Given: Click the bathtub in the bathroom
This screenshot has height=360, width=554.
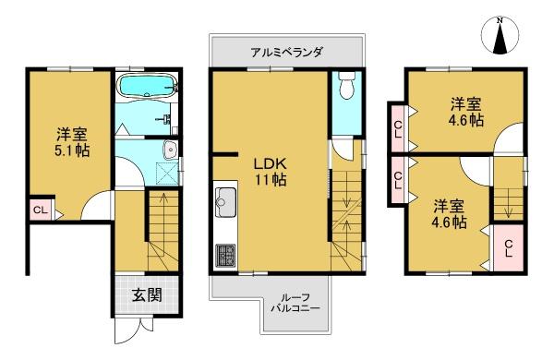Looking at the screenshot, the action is [148, 86].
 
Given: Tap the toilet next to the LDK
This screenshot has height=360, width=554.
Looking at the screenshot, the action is [347, 85].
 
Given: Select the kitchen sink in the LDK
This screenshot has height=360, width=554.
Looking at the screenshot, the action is [225, 202].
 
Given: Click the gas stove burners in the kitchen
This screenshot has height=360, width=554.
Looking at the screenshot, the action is [225, 255].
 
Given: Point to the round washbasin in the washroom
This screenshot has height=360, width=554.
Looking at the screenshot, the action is [172, 150].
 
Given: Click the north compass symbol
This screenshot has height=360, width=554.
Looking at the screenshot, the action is [500, 36].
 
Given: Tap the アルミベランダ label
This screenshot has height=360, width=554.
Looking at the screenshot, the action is [286, 53].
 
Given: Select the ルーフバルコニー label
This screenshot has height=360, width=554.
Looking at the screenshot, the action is [295, 303].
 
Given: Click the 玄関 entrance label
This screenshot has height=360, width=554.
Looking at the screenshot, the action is [147, 295].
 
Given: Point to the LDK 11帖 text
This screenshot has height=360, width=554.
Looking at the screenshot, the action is [271, 172].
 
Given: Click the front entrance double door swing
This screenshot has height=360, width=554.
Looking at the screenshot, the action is [134, 330].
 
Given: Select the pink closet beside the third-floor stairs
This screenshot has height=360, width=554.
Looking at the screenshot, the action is [508, 248].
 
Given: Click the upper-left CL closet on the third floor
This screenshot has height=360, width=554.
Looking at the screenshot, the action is [398, 129].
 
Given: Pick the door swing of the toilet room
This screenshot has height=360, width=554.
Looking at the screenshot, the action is [342, 150].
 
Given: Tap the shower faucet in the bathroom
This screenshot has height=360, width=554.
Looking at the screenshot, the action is [163, 118].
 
